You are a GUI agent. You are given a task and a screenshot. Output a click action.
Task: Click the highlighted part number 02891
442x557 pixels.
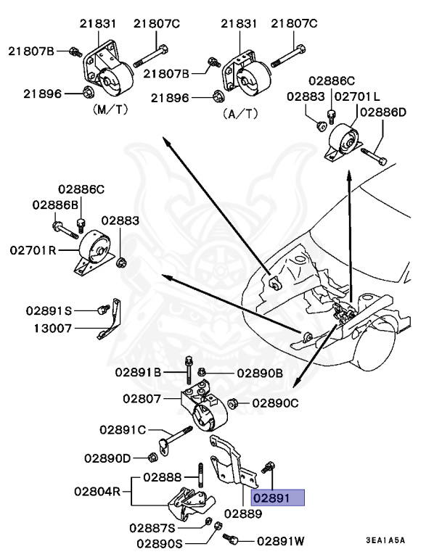pos(277,498)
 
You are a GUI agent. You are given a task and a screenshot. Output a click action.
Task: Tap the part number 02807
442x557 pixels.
pos(142,398)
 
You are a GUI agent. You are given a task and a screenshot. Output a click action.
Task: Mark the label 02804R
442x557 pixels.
pos(98,491)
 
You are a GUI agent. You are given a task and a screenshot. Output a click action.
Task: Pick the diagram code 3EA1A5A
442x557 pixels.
pos(385,540)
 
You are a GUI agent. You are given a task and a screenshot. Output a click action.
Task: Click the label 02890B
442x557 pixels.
pos(259,374)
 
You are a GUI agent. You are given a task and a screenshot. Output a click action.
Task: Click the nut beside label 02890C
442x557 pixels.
pos(234,403)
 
